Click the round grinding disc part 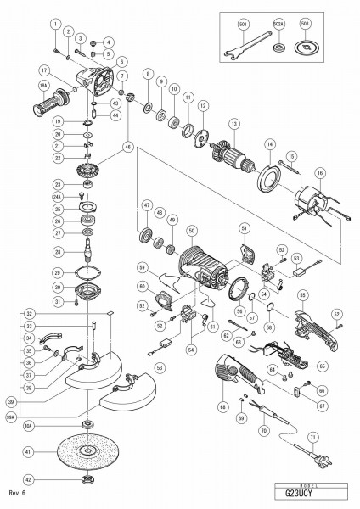point(85,452)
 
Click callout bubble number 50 point(193,231)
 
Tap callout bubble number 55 point(303,294)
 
